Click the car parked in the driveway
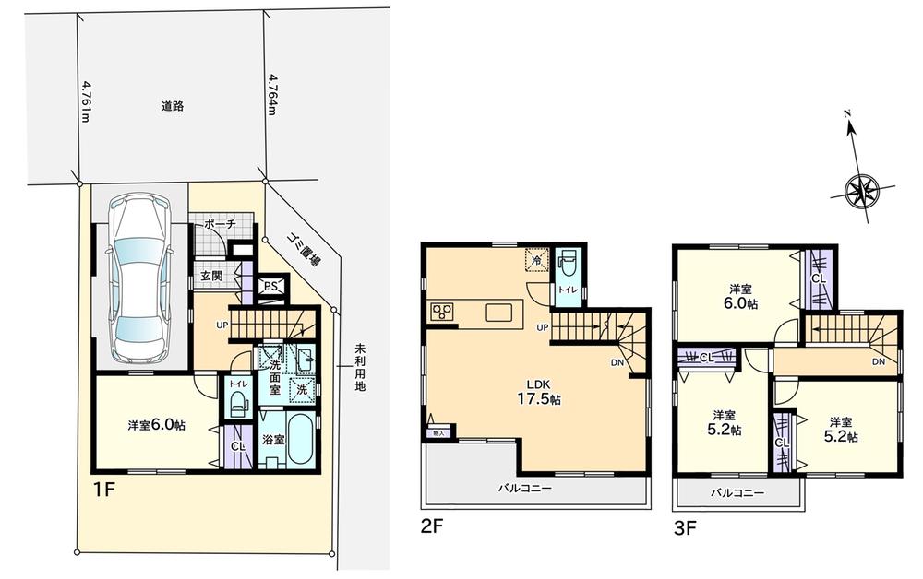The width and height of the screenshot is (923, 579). point(138,280)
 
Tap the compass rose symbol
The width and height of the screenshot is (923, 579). point(865,191)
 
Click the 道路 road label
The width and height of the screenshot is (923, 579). point(172,106)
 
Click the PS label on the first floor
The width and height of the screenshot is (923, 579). point(270,286)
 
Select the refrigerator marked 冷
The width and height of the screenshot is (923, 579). point(535,259)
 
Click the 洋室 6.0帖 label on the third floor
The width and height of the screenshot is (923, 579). point(738,294)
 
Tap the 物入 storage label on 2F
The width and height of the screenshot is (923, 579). point(438,432)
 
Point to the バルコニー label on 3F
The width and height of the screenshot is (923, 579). point(737,493)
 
